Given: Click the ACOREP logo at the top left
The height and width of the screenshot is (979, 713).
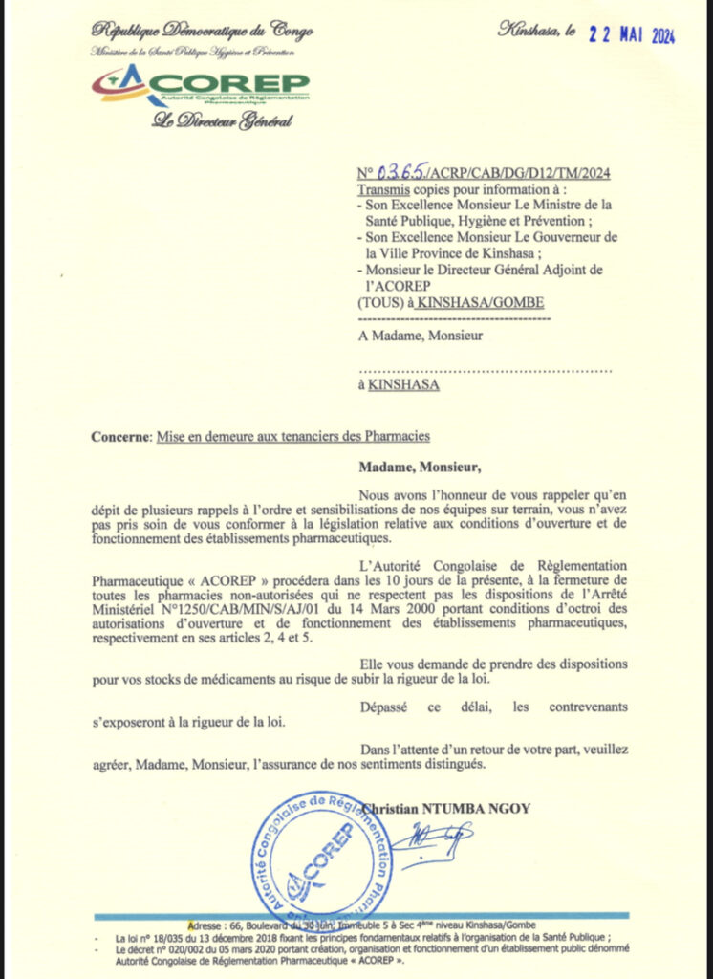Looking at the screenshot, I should [200, 85].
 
